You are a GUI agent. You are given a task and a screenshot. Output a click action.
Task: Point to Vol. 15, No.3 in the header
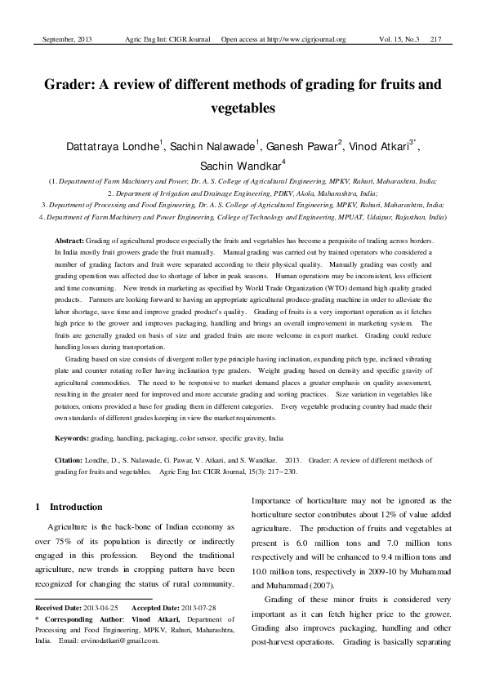(399, 38)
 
